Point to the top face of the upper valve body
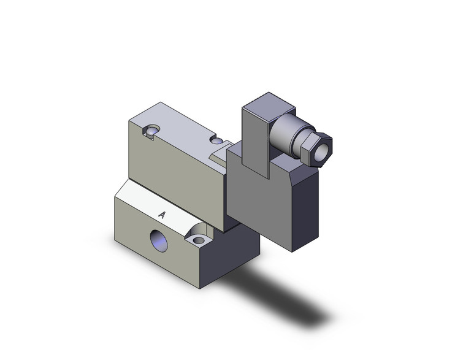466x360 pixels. [x=178, y=123]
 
